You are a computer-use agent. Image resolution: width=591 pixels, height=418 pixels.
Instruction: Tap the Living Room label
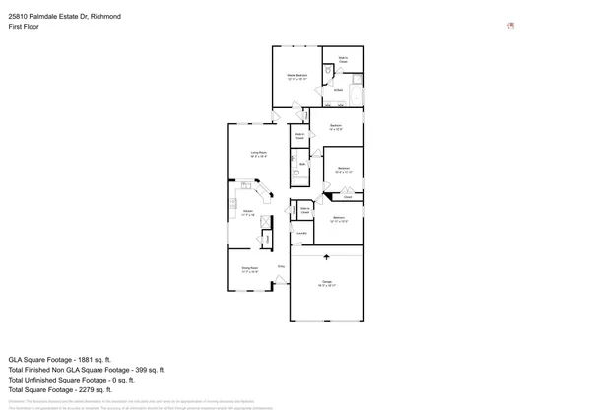coord(258,153)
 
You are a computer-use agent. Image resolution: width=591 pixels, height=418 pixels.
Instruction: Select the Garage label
coord(326,283)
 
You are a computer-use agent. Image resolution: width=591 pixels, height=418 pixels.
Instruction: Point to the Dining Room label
coord(250,268)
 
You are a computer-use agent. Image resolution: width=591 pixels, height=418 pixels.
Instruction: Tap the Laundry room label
coord(302,234)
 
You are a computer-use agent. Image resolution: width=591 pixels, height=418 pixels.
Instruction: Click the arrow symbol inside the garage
coord(326,256)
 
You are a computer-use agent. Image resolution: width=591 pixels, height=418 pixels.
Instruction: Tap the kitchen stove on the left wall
coord(232,204)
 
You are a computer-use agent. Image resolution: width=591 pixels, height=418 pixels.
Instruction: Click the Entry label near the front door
coord(281,266)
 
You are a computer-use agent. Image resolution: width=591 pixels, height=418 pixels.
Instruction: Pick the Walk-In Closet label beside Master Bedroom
coord(343,60)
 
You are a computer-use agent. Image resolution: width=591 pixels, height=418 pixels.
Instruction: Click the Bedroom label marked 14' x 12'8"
coord(336,126)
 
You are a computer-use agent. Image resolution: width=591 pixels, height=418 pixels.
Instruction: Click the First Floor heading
coord(25,28)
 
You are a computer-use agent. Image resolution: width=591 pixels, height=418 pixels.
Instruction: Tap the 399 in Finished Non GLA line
coord(135,370)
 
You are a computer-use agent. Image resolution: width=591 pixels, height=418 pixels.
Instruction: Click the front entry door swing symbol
coord(279,280)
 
